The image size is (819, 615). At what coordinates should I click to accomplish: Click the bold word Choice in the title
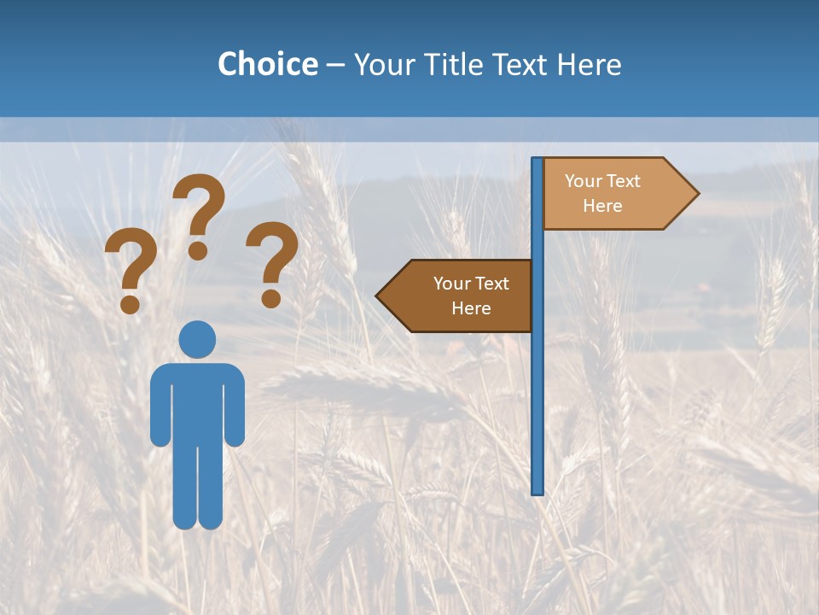(267, 64)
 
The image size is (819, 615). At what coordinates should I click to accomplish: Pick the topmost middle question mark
(199, 214)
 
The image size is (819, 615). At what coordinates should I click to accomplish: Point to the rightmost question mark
(272, 261)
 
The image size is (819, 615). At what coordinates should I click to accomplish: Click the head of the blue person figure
(197, 339)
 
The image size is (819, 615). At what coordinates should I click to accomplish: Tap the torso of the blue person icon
(197, 401)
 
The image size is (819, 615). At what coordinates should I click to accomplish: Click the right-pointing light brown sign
(610, 194)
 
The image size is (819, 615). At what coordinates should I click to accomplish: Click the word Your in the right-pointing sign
(584, 181)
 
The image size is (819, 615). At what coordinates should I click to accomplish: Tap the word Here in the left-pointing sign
(471, 308)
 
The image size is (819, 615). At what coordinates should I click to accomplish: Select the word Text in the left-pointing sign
(491, 284)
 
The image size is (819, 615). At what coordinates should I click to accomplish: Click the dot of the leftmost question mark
(131, 304)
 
